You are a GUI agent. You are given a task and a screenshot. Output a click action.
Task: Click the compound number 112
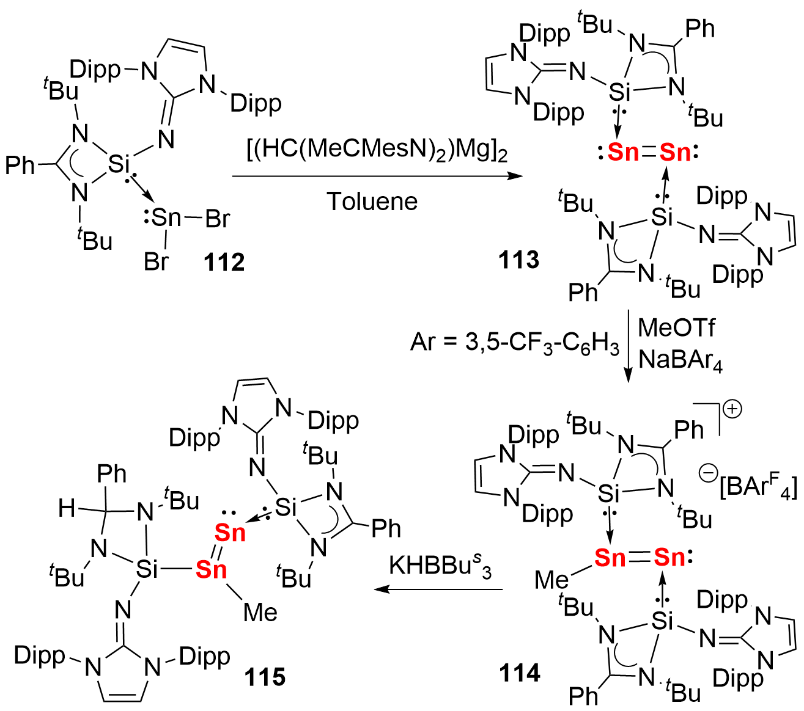(225, 262)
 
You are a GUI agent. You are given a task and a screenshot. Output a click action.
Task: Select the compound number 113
(518, 260)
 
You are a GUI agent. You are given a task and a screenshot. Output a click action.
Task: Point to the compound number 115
(265, 676)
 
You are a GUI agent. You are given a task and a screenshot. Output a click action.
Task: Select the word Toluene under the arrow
(372, 201)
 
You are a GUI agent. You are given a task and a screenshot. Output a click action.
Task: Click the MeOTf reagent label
(676, 328)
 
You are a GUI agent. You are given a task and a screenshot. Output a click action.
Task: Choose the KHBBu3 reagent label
(440, 566)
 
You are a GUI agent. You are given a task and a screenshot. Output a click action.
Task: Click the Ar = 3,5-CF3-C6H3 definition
(515, 343)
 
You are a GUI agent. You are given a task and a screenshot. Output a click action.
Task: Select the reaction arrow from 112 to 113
(377, 177)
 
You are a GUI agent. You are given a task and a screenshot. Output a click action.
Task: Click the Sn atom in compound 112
(166, 217)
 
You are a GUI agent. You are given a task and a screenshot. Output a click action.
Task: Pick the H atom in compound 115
(67, 508)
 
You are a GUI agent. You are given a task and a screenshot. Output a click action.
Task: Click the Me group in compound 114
(551, 579)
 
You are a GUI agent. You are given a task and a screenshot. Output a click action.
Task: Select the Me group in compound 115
(260, 611)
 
